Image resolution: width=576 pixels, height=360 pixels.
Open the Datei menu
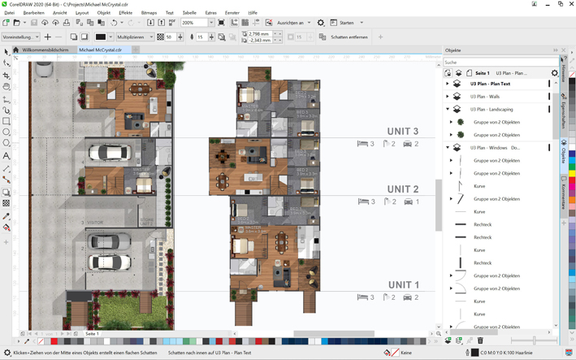pos(10,13)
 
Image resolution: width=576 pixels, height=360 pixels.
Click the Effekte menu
pos(125,13)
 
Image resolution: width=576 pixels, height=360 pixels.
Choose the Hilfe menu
pos(253,13)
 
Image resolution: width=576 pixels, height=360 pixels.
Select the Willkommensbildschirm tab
pos(45,50)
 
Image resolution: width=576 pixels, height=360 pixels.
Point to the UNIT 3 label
pos(403,131)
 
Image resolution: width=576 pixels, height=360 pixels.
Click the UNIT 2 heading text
pos(403,189)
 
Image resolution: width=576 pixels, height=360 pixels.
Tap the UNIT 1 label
pos(403,285)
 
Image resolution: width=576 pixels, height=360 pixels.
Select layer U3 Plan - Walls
pos(485,97)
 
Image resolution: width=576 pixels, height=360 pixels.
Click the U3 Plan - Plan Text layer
pos(490,84)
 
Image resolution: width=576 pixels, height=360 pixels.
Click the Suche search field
pos(497,63)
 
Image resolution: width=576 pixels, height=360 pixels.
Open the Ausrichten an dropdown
pos(293,23)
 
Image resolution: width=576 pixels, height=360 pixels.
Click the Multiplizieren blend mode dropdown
pos(134,37)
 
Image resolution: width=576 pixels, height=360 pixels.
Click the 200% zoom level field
pos(195,23)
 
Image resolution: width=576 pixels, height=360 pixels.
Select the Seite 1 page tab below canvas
pos(92,333)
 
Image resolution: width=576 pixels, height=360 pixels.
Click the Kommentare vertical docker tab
pos(564,196)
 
